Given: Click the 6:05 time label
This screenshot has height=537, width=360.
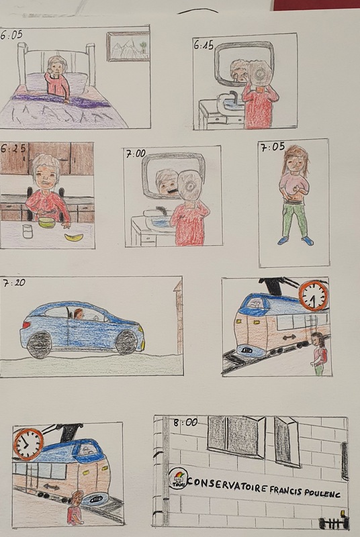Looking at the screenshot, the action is [11, 35].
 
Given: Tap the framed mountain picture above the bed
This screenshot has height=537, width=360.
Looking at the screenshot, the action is [128, 46].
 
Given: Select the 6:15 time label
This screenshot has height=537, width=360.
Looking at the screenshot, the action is [204, 45].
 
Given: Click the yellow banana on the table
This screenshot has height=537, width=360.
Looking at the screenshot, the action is [74, 237].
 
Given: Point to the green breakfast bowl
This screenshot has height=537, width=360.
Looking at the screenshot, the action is [47, 222].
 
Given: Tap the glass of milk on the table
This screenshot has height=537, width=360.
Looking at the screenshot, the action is [28, 231].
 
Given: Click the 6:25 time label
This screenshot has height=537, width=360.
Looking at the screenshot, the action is [13, 148].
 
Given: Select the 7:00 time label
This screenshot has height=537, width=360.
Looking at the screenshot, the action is [136, 154].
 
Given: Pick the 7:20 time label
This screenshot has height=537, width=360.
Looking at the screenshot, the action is [14, 283].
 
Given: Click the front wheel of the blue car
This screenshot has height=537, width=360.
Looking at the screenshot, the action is [126, 342].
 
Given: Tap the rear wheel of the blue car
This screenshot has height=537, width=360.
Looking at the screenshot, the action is [39, 344].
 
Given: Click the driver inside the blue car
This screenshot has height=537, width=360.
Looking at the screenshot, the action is [79, 313].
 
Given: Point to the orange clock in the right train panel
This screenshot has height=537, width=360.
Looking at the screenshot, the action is [314, 296].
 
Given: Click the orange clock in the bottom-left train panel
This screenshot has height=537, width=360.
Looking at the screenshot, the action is [28, 444].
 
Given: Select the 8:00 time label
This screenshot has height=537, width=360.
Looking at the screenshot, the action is [185, 423].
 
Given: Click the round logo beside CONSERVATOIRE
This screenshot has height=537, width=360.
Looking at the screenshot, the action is [177, 479].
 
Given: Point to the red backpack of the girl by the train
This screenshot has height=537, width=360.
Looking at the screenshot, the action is [323, 356].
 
